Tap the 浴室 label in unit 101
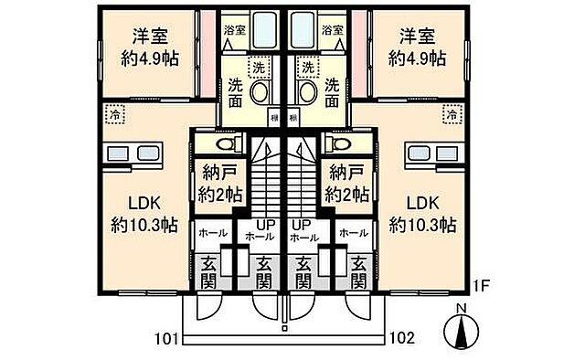coord(235,30)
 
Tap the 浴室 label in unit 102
coord(332,30)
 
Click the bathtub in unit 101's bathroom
coord(267,31)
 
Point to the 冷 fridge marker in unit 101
coord(115,115)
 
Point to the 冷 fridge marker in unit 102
coord(451,115)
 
